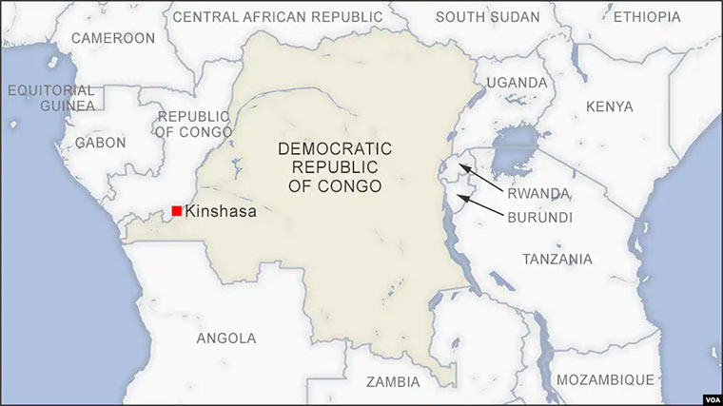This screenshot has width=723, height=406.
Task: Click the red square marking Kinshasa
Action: click(177, 210)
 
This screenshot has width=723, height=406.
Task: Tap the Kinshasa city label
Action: click(222, 211)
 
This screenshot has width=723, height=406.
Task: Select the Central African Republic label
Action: click(277, 17)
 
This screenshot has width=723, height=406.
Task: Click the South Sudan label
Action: click(487, 17)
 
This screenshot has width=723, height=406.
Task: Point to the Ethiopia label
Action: click(647, 17)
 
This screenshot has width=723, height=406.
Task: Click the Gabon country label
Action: click(100, 143)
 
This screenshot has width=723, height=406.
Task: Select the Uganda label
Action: click(517, 83)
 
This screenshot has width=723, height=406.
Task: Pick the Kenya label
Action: click(610, 106)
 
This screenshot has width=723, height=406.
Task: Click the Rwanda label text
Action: click(538, 193)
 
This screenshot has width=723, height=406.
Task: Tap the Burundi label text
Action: click(538, 218)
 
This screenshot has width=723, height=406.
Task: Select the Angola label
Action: click(225, 338)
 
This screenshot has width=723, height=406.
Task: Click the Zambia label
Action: click(392, 382)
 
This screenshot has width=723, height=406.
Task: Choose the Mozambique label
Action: click(605, 380)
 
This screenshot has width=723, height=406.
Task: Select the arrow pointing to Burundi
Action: click(480, 204)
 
